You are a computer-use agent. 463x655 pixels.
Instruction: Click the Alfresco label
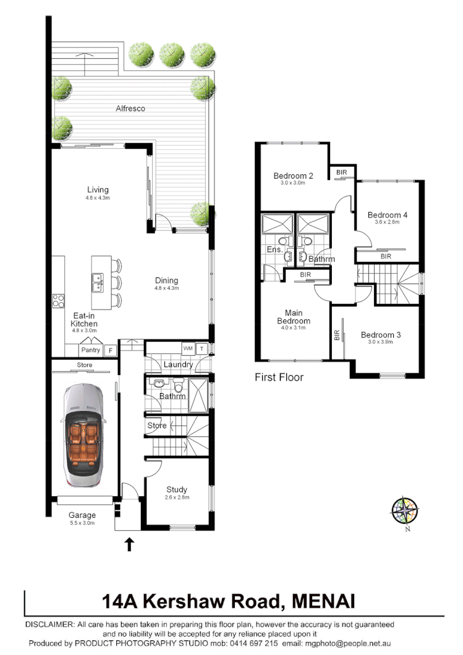click(130, 109)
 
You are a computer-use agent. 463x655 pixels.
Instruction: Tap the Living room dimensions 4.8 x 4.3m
click(98, 198)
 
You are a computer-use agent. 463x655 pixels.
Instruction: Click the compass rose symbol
click(405, 510)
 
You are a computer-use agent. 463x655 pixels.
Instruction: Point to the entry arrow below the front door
click(130, 544)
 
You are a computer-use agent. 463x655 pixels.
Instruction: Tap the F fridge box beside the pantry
click(111, 350)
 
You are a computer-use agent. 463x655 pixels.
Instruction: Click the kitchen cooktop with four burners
click(59, 301)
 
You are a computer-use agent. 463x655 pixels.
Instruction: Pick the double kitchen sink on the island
click(97, 283)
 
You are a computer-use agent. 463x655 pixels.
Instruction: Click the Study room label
click(177, 489)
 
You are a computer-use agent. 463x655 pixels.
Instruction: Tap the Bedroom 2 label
click(293, 175)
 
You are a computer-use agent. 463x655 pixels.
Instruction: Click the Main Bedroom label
click(293, 317)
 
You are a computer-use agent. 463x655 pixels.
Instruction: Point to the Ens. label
click(274, 250)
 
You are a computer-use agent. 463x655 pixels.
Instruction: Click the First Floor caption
click(279, 377)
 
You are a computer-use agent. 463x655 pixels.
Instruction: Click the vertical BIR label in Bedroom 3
click(337, 335)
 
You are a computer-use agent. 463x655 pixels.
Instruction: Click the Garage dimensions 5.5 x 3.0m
click(82, 523)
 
